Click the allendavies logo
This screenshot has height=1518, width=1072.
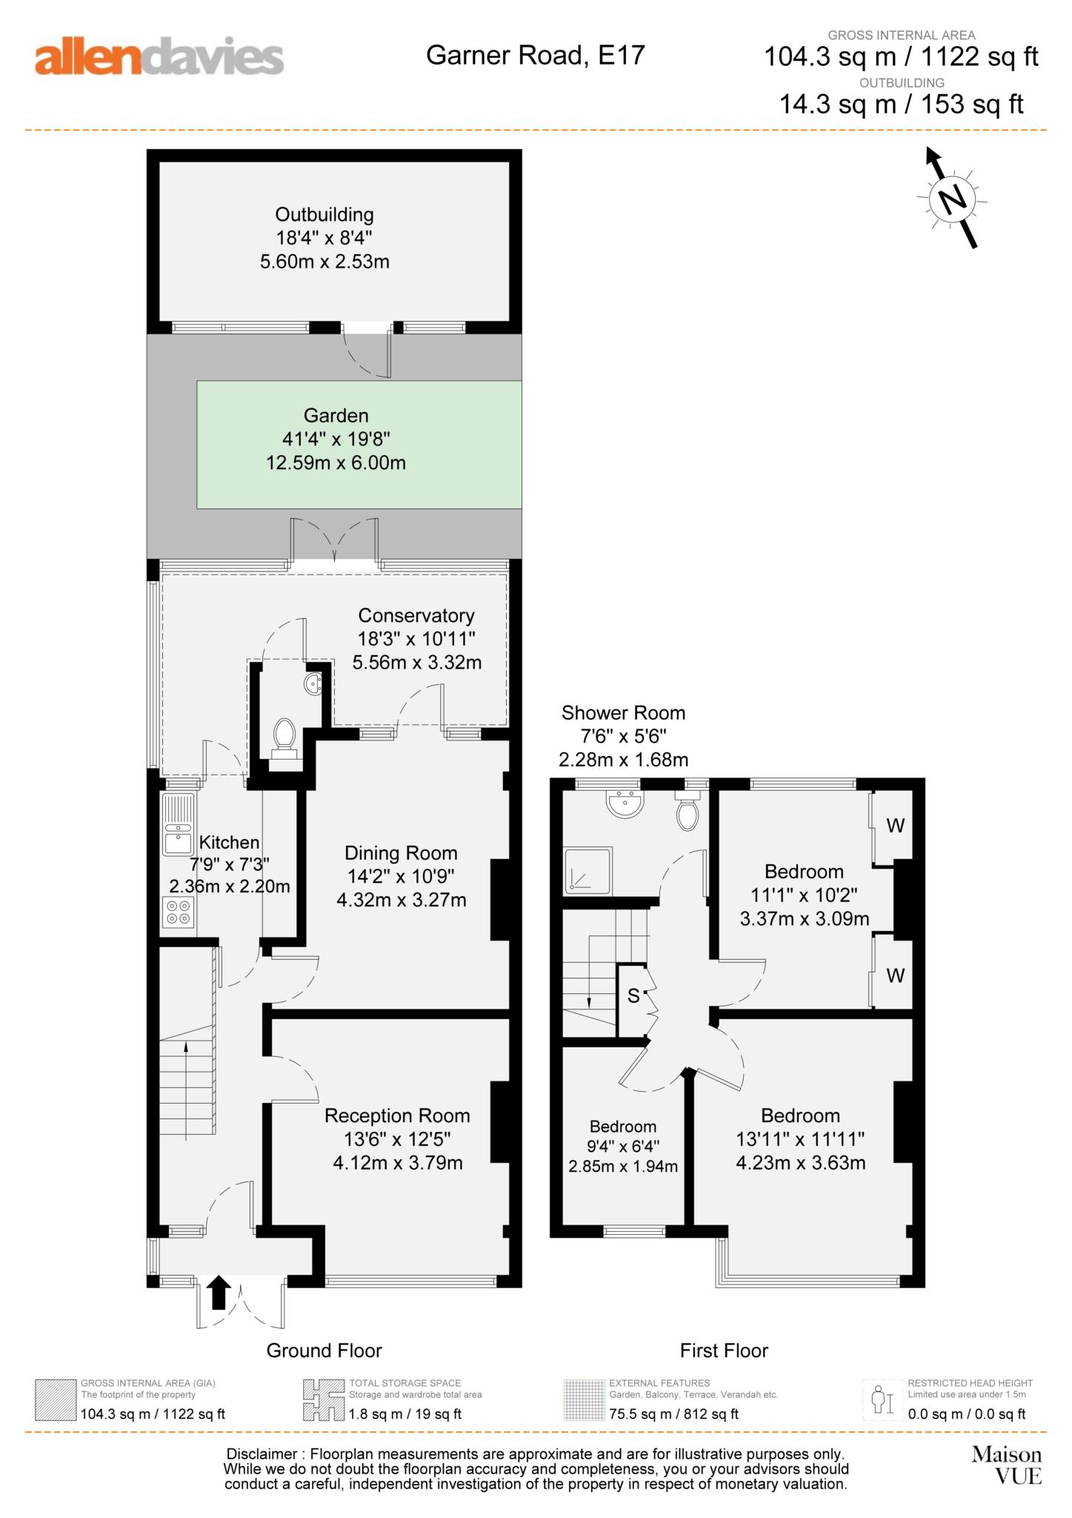point(159,59)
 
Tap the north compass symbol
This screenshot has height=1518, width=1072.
point(953,198)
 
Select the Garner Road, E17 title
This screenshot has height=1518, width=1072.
point(535,55)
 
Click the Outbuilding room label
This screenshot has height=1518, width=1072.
point(324,215)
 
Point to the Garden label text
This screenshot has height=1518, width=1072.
point(336,416)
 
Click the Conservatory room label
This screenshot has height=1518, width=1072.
point(416,615)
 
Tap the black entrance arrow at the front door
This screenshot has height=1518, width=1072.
point(218,1292)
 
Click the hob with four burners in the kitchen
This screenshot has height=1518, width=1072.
point(179,912)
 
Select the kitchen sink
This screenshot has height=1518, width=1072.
point(179,824)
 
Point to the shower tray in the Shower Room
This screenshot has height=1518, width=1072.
point(588,870)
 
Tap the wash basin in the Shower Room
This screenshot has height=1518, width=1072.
point(625,803)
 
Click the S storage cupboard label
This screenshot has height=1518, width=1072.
point(633,995)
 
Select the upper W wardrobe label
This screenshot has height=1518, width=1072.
point(896,826)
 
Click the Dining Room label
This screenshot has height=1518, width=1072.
point(401,853)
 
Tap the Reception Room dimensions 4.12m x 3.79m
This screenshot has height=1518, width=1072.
point(398,1162)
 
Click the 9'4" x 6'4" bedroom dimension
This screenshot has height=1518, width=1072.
point(623,1147)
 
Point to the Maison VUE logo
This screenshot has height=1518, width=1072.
point(1007,1465)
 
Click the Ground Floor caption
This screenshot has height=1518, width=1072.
point(324,1350)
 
